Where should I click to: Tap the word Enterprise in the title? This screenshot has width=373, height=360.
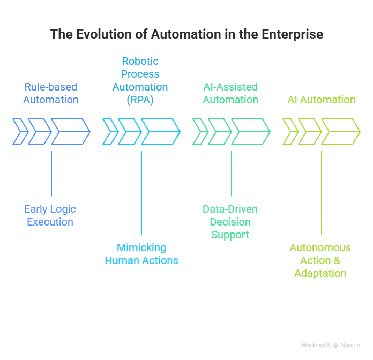pyautogui.click(x=292, y=34)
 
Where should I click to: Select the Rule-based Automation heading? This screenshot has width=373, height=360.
pyautogui.click(x=51, y=93)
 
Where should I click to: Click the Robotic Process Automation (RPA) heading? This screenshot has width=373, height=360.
pyautogui.click(x=140, y=80)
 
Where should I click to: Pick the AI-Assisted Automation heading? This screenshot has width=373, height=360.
pyautogui.click(x=230, y=93)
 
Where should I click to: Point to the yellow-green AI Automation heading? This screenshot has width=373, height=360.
pyautogui.click(x=321, y=100)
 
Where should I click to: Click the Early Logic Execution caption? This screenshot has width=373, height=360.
pyautogui.click(x=50, y=215)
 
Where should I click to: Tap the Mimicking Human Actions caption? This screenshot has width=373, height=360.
pyautogui.click(x=141, y=254)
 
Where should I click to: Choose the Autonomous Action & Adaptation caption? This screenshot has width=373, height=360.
pyautogui.click(x=320, y=260)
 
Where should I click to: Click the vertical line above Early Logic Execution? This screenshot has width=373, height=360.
pyautogui.click(x=51, y=174)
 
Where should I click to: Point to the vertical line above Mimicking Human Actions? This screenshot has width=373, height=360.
pyautogui.click(x=141, y=193)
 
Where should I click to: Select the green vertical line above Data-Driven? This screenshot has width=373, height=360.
pyautogui.click(x=232, y=174)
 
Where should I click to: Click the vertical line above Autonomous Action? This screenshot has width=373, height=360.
pyautogui.click(x=322, y=193)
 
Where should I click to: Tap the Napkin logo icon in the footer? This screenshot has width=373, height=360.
pyautogui.click(x=335, y=346)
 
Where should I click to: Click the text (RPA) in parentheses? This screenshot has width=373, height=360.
pyautogui.click(x=140, y=100)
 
